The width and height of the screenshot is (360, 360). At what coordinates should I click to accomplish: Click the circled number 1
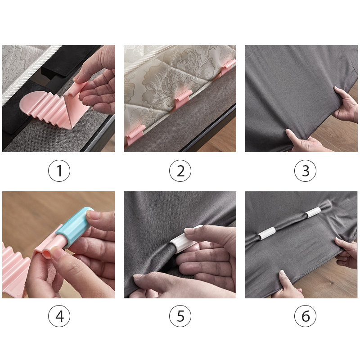pos(59,171)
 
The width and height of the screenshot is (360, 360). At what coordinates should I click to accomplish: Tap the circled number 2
pos(180,171)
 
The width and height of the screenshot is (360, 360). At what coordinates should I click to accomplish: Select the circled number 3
pos(305,171)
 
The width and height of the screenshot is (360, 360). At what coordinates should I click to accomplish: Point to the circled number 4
pos(59,316)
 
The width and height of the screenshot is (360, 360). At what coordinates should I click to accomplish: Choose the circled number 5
pos(180,316)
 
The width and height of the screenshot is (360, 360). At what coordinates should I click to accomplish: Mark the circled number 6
pos(305,316)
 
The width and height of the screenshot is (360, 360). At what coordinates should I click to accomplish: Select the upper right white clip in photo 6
pos(313,212)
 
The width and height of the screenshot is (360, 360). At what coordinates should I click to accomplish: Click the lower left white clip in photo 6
pos(266,233)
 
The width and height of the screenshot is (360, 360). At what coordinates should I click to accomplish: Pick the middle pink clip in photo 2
pos(183,99)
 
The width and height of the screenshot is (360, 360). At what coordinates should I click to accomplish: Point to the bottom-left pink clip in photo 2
pos(135,135)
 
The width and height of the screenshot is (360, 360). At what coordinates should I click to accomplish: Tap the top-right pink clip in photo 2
pos(228,67)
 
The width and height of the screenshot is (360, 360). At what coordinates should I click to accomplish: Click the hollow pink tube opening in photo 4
pos(47,254)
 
